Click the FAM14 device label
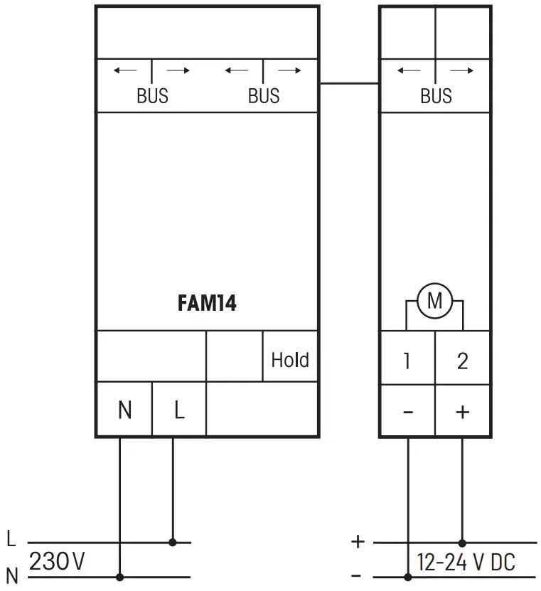207,304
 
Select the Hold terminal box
290,359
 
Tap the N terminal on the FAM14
124,410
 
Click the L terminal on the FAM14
179,410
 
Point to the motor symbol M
434,302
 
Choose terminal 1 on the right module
407,361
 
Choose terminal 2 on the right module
462,361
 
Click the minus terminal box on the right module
407,411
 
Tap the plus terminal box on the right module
462,411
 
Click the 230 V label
57,562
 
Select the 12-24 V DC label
466,563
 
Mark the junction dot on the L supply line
173,542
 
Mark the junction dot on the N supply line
119,577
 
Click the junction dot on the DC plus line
463,542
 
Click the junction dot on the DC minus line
408,577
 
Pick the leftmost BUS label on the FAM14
152,96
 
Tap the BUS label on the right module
436,96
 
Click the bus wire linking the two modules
348,83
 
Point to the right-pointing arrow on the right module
462,70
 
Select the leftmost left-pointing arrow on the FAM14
125,70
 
